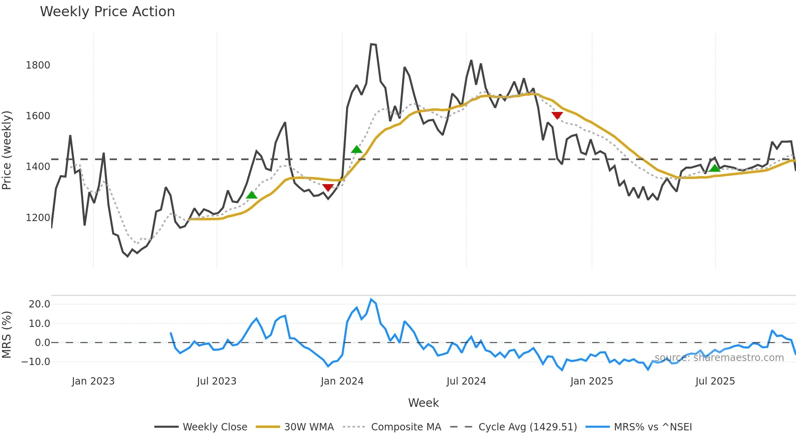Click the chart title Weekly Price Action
pos(107,12)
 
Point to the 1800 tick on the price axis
pos(38,65)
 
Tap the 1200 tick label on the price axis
pos(38,218)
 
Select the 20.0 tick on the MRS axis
pos(39,304)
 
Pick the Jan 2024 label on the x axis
pos(342,381)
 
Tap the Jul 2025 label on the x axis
pos(715,381)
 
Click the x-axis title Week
pos(423,403)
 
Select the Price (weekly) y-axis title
pos(7,150)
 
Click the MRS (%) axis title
pos(7,335)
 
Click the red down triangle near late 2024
pos(557,115)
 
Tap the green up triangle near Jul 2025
pos(715,168)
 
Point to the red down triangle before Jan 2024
pos(328,187)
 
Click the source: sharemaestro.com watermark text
pos(719,358)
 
